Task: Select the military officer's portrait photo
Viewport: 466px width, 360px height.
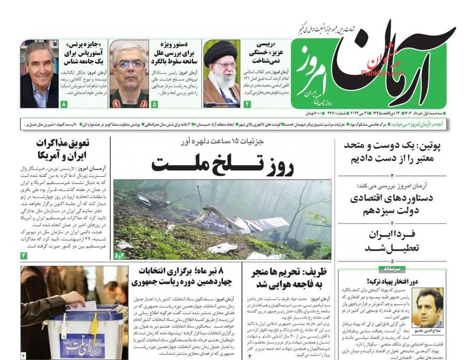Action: pos(129,74)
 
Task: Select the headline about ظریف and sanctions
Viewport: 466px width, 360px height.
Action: pos(290,278)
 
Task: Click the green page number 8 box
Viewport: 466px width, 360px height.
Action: pos(64,104)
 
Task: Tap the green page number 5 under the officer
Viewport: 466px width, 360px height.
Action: pos(154,104)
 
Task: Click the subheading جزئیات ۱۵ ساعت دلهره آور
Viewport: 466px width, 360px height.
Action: pos(223,142)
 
